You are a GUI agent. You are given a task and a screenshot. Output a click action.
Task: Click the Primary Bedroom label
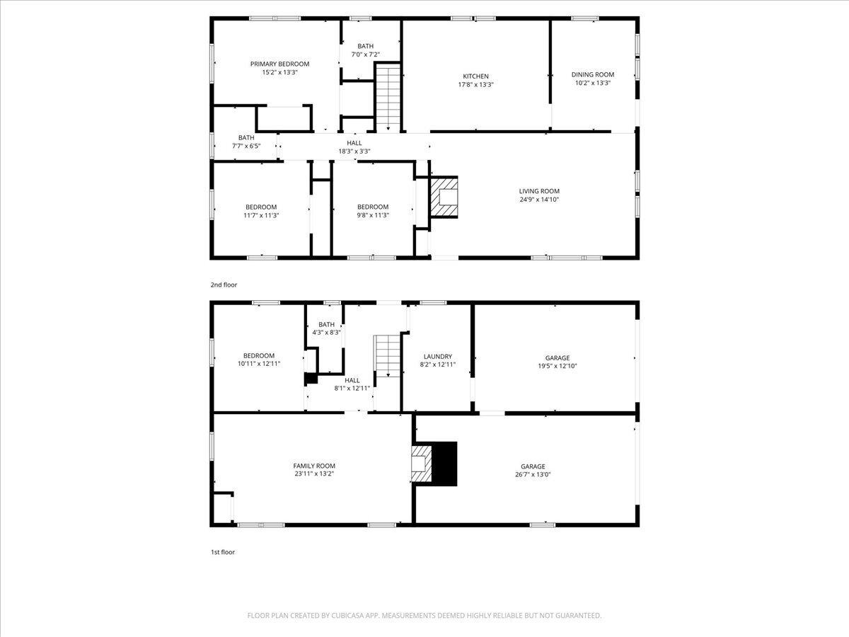click(x=279, y=64)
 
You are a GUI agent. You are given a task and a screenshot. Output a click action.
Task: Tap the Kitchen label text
click(x=475, y=76)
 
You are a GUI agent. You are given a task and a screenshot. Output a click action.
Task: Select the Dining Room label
click(x=593, y=74)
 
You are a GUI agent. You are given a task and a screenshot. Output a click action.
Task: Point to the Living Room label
click(x=539, y=191)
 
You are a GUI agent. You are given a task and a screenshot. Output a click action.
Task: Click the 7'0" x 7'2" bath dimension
click(x=365, y=54)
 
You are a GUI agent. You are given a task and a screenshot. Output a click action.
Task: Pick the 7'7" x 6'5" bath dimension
click(x=246, y=147)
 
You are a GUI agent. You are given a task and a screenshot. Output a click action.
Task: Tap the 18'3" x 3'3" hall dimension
click(x=354, y=151)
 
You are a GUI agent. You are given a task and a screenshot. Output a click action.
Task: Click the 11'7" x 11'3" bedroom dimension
click(x=261, y=215)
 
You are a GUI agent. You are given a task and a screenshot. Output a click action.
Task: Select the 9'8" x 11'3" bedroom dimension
click(x=372, y=215)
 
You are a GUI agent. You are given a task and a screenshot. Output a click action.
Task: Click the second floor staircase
click(x=388, y=98)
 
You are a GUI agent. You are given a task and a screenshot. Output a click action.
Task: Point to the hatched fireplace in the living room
click(x=444, y=197)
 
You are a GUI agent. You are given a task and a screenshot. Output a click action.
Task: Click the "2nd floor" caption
click(x=224, y=285)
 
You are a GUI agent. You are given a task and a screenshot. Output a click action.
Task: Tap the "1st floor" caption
click(x=222, y=552)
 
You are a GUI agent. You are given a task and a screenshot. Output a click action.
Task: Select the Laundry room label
click(x=437, y=356)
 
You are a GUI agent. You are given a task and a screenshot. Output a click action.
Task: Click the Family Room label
click(x=314, y=466)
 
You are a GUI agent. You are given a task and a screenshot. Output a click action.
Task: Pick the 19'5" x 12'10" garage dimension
click(x=558, y=366)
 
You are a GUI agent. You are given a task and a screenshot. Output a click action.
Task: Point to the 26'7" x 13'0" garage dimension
click(x=533, y=474)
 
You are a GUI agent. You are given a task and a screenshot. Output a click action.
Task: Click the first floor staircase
click(x=388, y=356)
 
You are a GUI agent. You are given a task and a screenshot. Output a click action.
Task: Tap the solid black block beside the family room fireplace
click(x=444, y=464)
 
